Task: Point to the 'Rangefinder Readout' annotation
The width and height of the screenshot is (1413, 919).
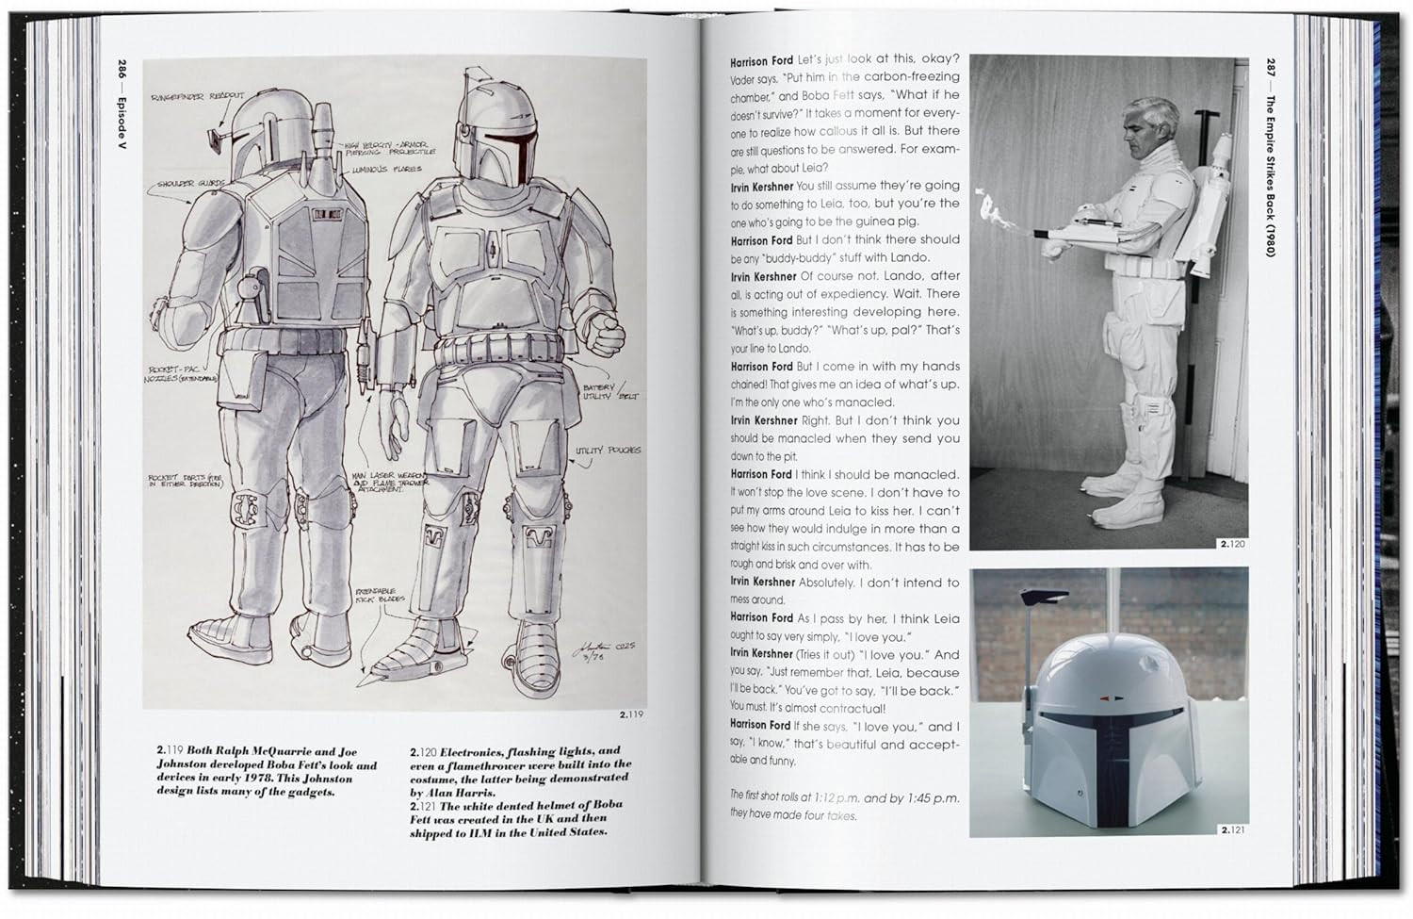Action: click(x=197, y=96)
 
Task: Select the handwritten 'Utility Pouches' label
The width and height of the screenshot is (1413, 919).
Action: click(x=608, y=451)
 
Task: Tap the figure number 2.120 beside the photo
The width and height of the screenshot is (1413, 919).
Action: click(x=1233, y=544)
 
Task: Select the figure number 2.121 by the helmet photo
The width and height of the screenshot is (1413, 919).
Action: click(x=1233, y=829)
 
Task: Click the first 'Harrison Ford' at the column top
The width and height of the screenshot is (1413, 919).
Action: click(x=761, y=61)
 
